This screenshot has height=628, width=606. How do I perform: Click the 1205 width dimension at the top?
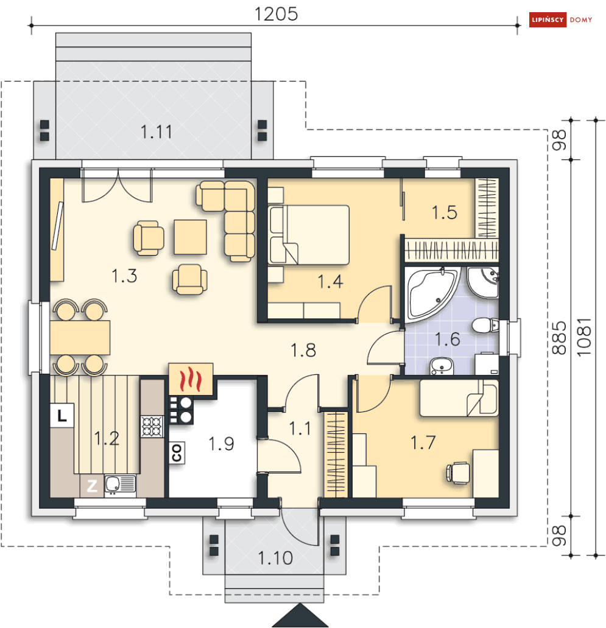pos(276,14)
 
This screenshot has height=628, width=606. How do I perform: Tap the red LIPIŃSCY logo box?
pos(548,19)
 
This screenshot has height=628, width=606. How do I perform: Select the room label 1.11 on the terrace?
pos(157,132)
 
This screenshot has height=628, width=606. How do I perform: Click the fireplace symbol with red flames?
pos(191,379)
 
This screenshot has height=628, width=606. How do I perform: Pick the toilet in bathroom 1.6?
pos(485,325)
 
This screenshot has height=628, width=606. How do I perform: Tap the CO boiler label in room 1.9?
pos(177,453)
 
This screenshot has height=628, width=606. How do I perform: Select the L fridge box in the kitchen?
pos(62,416)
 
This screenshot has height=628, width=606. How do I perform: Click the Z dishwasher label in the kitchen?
pos(92,486)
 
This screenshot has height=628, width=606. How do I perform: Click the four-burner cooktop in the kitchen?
pos(152,426)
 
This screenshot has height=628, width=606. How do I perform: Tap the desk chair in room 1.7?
pos(458,473)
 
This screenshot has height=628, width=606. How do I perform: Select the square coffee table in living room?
pos(191,237)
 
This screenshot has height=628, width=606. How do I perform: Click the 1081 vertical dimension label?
pos(584,337)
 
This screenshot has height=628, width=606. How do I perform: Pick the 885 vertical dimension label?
pos(559,338)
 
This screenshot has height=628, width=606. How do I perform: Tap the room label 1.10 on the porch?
pos(275,558)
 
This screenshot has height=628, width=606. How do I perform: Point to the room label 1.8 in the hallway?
pos(303,350)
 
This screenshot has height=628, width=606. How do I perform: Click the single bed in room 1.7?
pos(459,398)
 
